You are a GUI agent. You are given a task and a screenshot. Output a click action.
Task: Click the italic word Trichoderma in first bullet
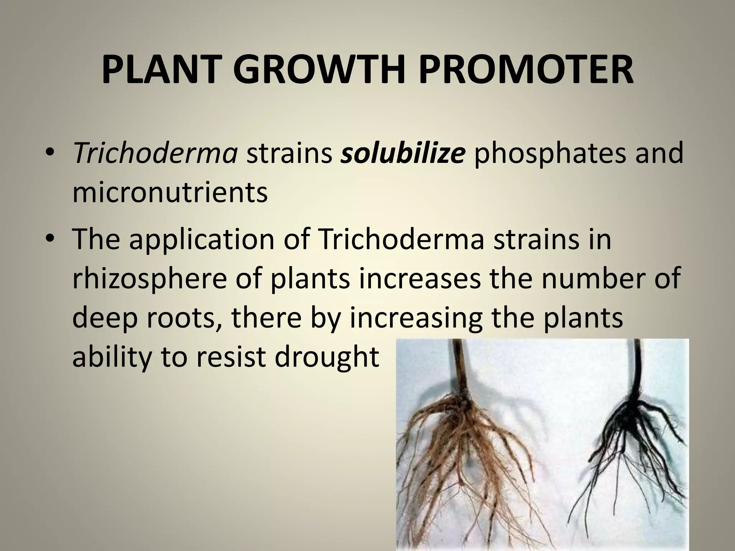click(x=155, y=153)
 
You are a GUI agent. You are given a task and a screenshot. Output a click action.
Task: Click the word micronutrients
click(x=170, y=193)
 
